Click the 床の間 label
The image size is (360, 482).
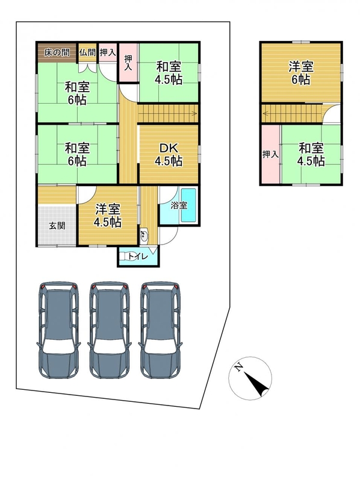coord(57,52)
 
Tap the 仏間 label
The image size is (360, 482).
coord(87,52)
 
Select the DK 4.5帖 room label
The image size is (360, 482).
coord(169,155)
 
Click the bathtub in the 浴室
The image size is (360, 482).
coord(188,205)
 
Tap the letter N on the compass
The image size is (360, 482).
coord(238,367)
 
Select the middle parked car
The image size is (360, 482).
coord(110,330)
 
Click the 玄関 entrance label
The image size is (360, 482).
coord(57,226)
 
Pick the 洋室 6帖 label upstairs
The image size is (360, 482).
coord(301,73)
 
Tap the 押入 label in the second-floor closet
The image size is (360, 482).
coord(270,154)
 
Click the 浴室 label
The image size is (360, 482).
coord(179,205)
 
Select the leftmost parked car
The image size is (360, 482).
coord(58,330)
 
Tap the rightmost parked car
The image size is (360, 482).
coord(160,330)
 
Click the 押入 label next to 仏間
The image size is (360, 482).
coord(108,52)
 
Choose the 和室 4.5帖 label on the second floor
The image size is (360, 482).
coord(311,155)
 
